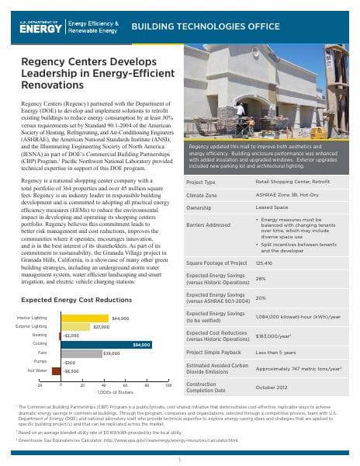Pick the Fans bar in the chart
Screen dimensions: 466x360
pyautogui.click(x=81, y=353)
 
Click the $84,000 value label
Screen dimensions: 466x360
pyautogui.click(x=142, y=343)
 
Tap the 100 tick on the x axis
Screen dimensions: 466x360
pyautogui.click(x=168, y=384)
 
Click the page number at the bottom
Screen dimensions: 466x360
pyautogui.click(x=179, y=458)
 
